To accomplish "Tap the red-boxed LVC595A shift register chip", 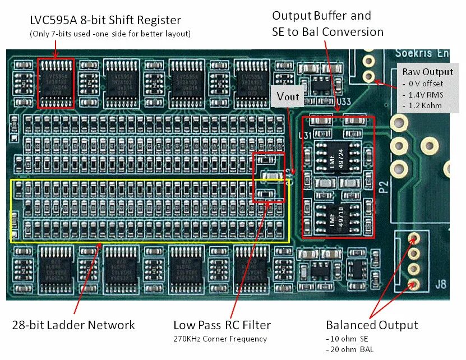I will (56, 83).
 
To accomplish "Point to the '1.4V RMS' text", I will (423, 94).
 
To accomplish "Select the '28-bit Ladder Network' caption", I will (73, 325).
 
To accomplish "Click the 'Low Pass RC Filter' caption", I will (222, 325).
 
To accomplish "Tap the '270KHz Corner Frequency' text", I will (220, 339).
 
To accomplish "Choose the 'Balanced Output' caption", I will (372, 325).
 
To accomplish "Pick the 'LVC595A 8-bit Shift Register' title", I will (105, 20).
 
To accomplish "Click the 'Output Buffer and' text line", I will (321, 15).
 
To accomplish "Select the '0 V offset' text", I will (423, 84).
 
